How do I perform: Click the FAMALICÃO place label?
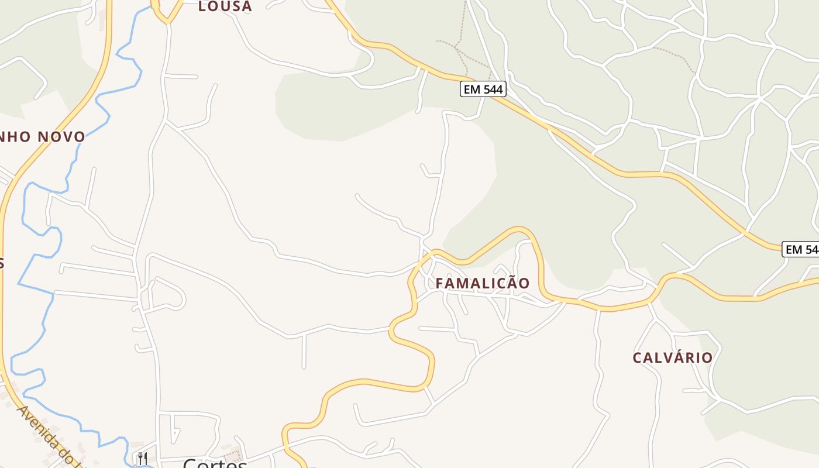(x=483, y=283)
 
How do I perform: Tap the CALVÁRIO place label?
(x=673, y=357)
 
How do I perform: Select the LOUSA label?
(x=225, y=6)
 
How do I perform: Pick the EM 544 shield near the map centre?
(x=483, y=89)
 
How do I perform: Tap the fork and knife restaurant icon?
(x=142, y=457)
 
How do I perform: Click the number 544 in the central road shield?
(x=491, y=89)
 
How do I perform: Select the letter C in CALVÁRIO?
(x=637, y=357)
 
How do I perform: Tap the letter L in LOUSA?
(x=202, y=6)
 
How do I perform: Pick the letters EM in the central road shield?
(x=472, y=89)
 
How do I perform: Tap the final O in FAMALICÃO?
(x=524, y=283)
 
